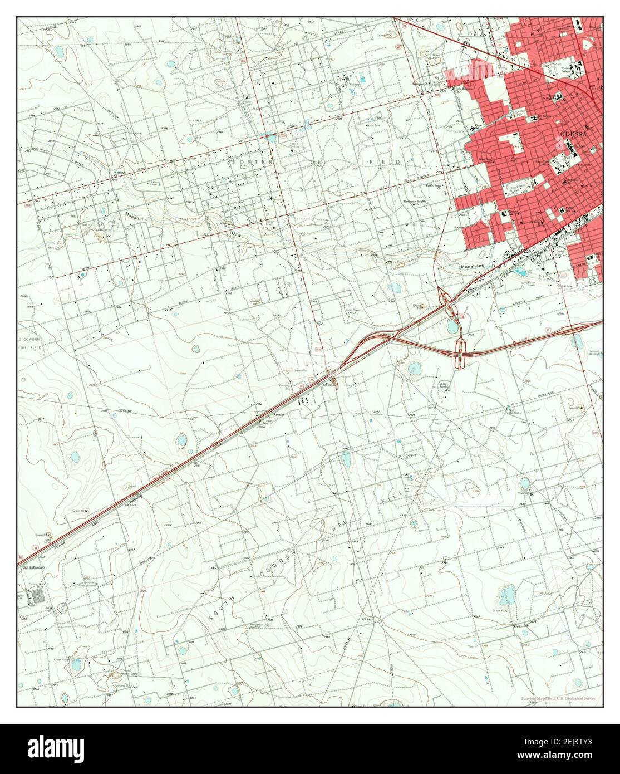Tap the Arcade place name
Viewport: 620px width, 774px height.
(x=278, y=415)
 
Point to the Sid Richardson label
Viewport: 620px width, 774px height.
(x=33, y=567)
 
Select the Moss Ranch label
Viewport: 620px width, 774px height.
(x=444, y=384)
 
